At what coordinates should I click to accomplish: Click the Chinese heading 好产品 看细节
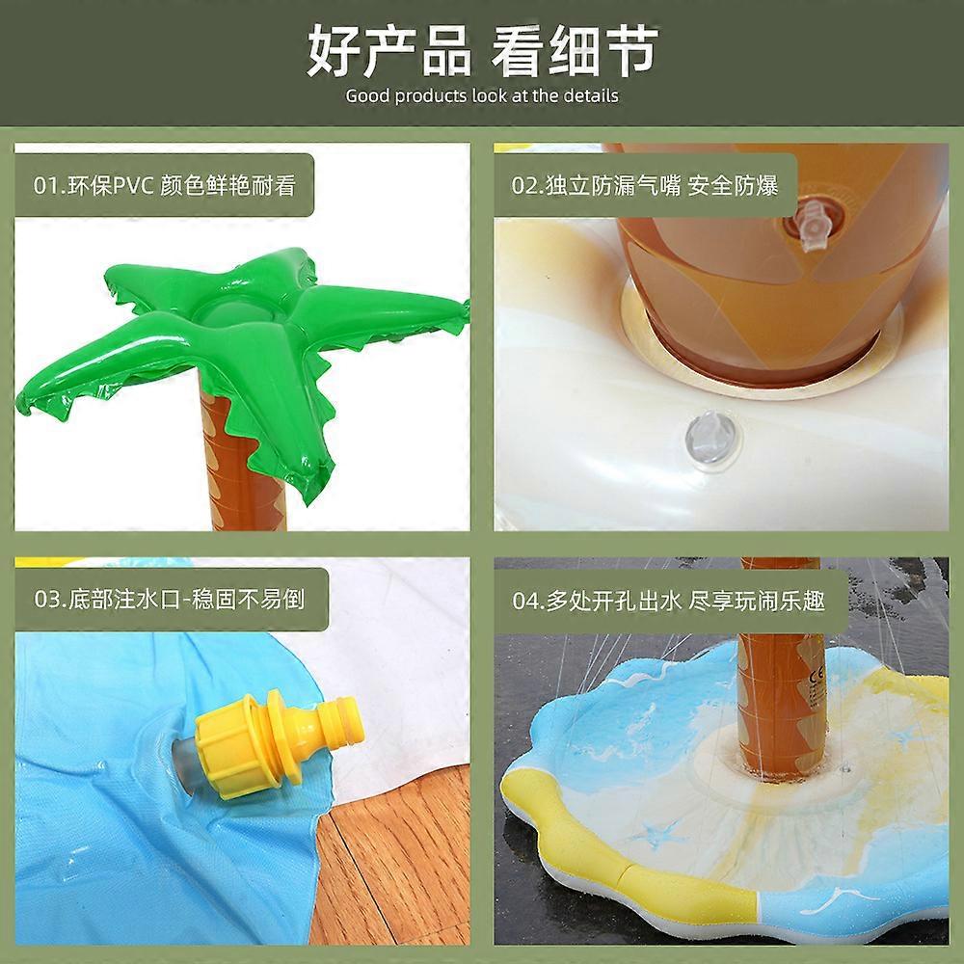click(x=483, y=50)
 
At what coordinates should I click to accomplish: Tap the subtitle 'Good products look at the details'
click(x=482, y=95)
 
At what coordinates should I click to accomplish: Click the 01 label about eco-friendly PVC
click(x=164, y=186)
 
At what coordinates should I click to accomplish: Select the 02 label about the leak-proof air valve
click(x=645, y=185)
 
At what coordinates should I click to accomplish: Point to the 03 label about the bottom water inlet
click(x=169, y=599)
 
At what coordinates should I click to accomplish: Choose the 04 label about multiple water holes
click(x=669, y=600)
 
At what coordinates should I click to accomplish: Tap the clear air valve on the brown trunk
click(x=813, y=225)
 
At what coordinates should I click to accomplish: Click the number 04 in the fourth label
click(x=525, y=601)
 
